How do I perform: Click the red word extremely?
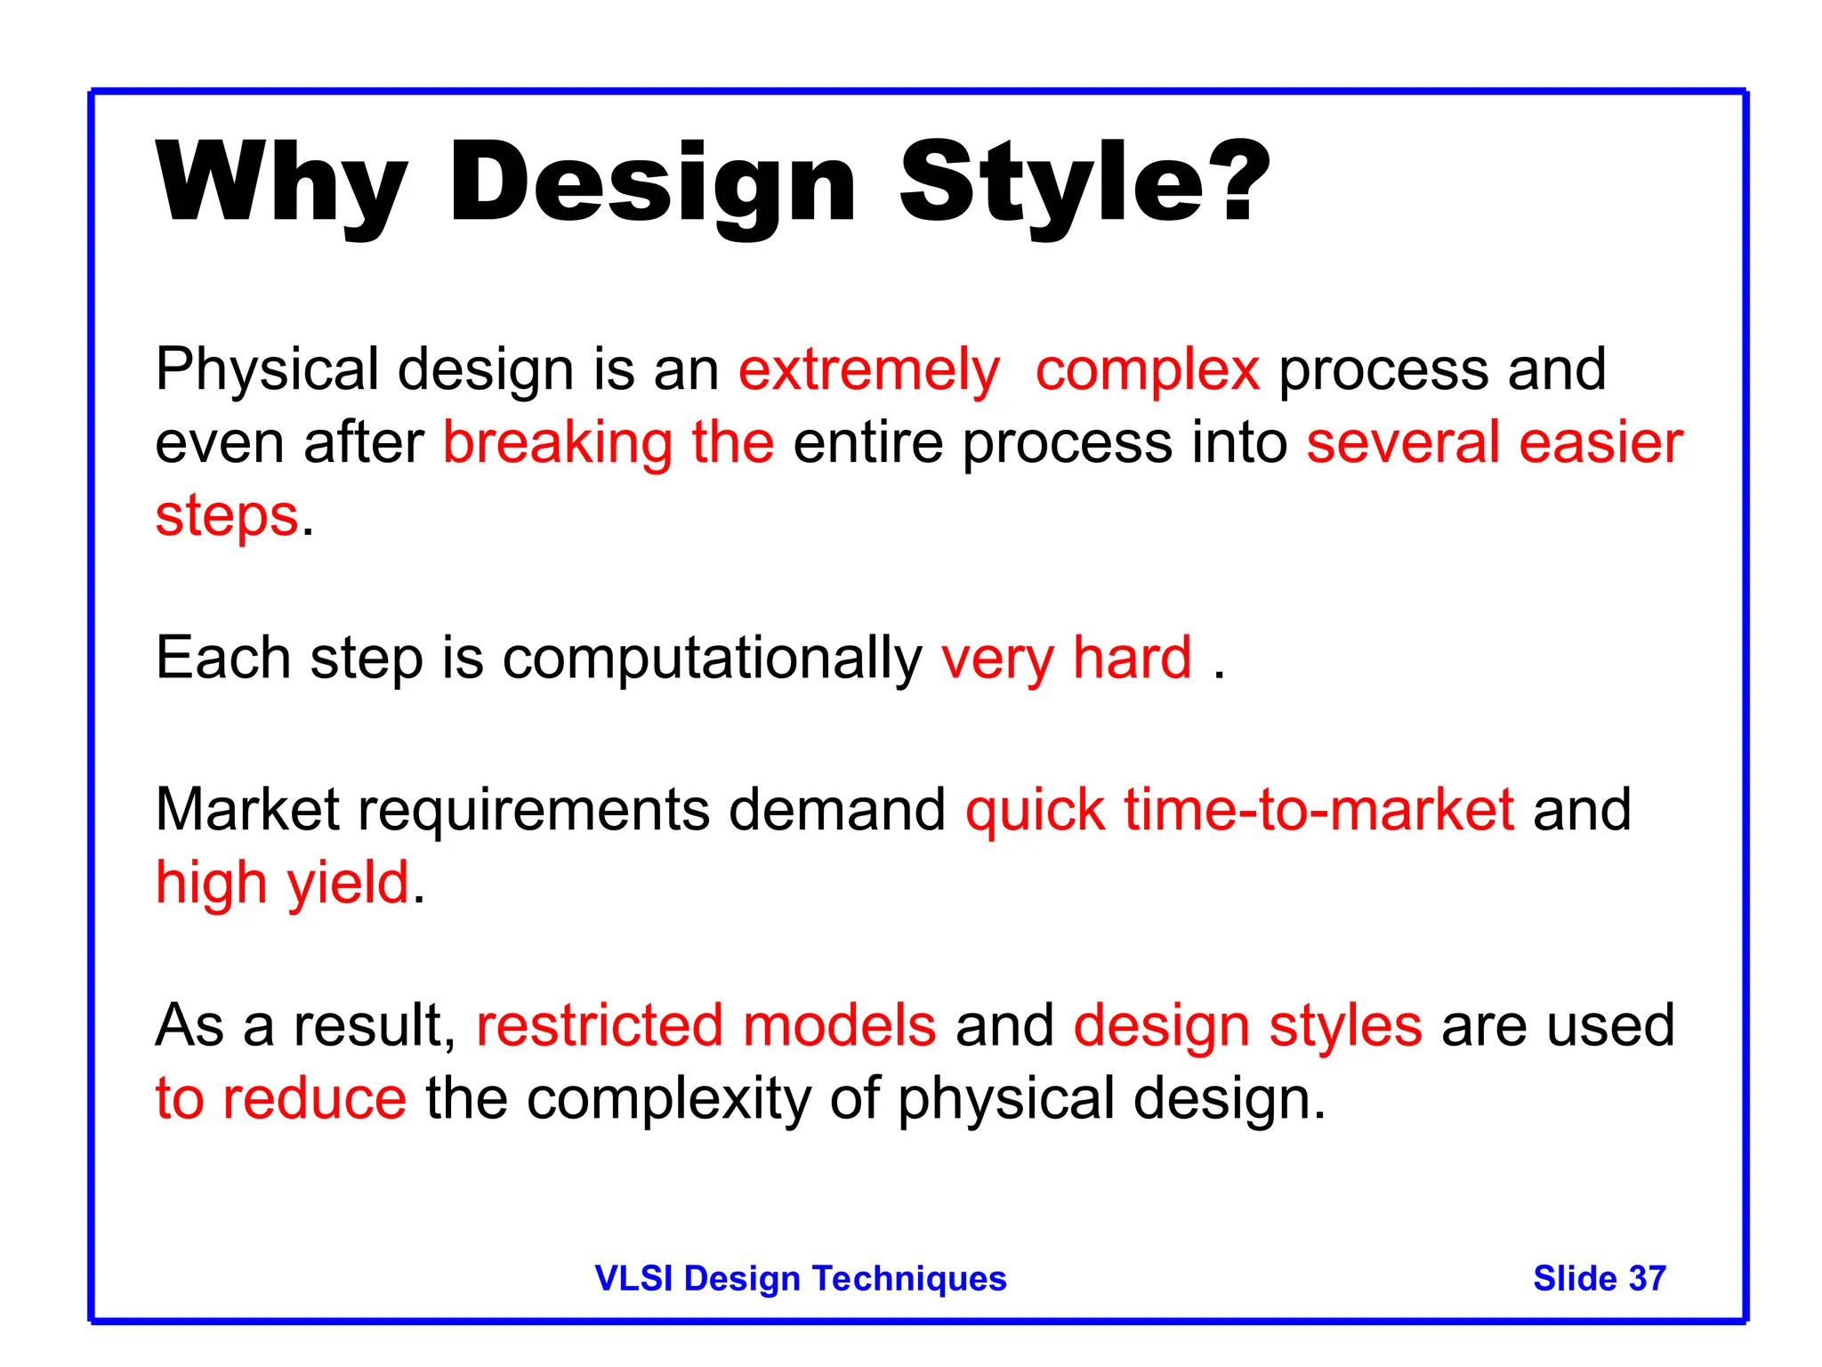tap(868, 369)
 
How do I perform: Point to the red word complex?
tap(1147, 369)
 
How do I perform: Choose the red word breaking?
tap(557, 442)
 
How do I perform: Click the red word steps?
tap(227, 516)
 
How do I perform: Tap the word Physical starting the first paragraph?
tap(267, 369)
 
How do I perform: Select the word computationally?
tap(712, 659)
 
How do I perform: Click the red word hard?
tap(1132, 658)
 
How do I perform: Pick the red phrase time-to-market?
tap(1318, 810)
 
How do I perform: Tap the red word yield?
tap(347, 883)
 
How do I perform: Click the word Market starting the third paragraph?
tap(247, 810)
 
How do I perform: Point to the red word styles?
tap(1345, 1025)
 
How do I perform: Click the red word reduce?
tap(314, 1098)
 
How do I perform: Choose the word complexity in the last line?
tap(668, 1098)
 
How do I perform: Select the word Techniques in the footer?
tap(909, 1278)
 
